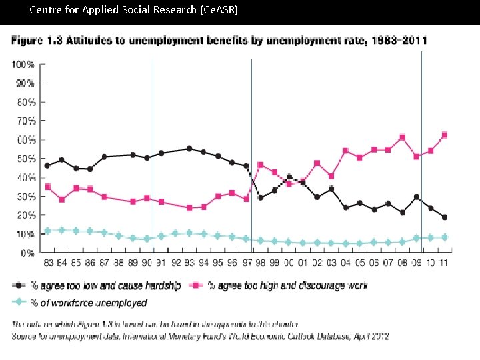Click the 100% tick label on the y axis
coord(23,65)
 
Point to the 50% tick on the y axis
coord(25,159)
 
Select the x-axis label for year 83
coord(47,263)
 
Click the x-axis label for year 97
coord(246,263)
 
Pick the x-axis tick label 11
coord(443,263)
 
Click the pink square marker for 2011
coord(444,135)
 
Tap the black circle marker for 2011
coord(444,217)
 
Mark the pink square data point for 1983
coord(47,187)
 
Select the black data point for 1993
coord(189,149)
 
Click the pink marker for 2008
coord(402,137)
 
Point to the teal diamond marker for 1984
coord(62,230)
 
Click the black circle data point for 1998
coord(260,197)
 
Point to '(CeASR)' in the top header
coord(216,10)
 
